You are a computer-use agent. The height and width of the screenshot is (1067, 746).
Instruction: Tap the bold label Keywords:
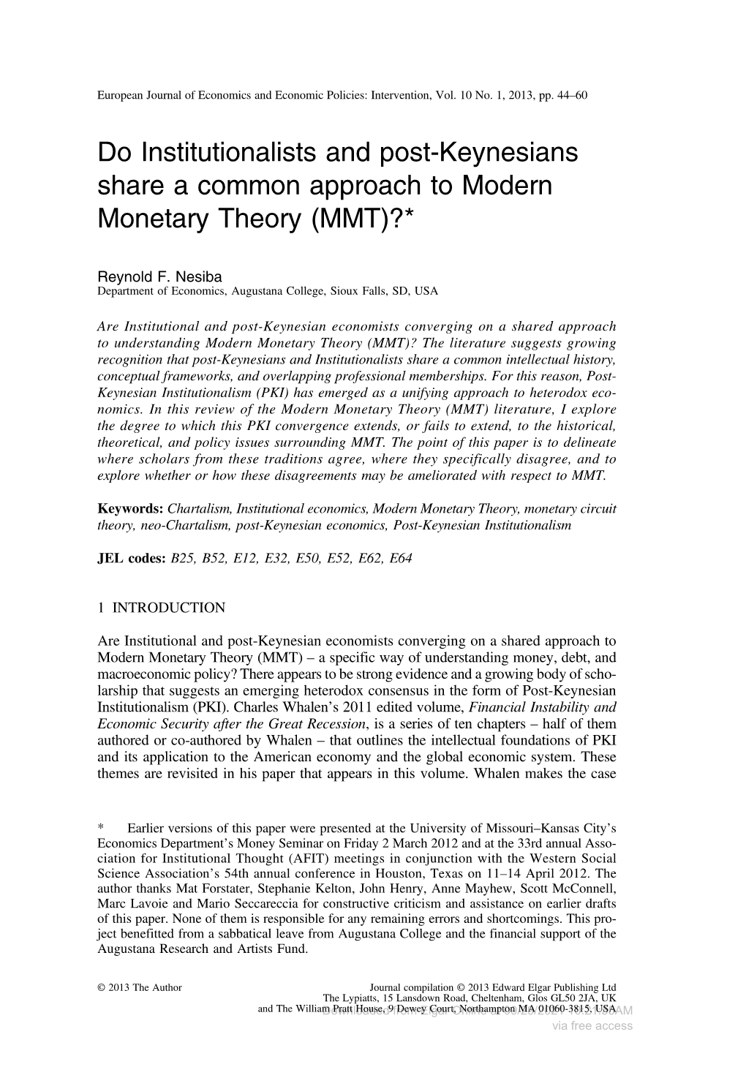click(130, 509)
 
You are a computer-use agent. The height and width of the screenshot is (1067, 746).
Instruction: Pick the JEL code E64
click(401, 559)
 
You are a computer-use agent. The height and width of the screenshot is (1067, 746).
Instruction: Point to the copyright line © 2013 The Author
click(140, 987)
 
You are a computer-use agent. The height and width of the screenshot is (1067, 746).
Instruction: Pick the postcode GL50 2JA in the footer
click(563, 998)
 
